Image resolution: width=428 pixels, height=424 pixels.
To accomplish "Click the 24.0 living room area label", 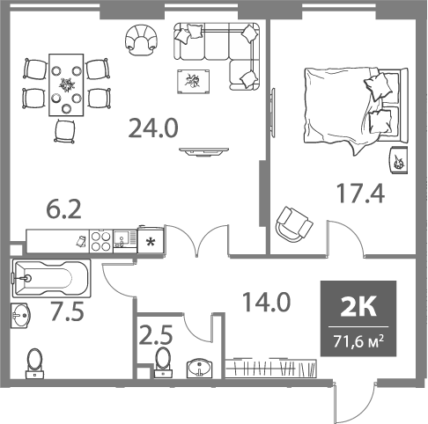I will [x=153, y=128].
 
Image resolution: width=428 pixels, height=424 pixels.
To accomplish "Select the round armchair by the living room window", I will [x=141, y=39].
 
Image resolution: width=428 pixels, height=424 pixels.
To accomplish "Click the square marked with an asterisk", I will [x=151, y=240].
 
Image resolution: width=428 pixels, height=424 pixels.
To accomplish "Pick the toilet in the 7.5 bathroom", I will [x=36, y=362].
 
